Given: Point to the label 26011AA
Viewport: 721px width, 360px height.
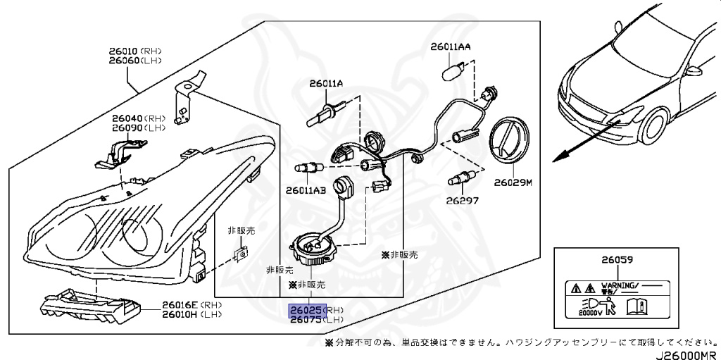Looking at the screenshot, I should coord(451,48).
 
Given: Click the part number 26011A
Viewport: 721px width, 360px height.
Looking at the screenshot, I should coord(325,84).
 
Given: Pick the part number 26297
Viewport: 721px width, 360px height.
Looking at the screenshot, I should coord(463,200).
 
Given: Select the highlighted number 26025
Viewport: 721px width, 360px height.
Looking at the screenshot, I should coord(306,309).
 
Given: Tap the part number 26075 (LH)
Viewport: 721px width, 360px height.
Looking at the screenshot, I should coord(306,319).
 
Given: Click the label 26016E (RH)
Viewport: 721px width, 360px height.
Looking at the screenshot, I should coord(172,304).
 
